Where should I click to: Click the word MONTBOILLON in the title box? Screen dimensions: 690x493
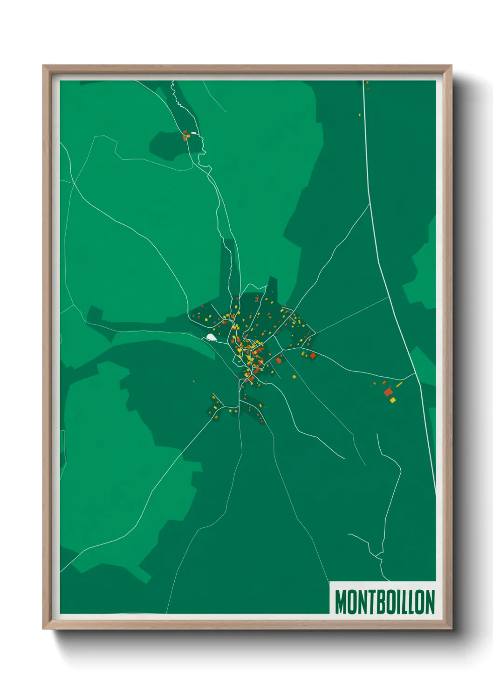[384, 602]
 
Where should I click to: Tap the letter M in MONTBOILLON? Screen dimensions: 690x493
[341, 602]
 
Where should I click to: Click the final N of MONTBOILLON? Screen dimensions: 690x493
[430, 602]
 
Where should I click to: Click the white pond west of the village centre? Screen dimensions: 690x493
[212, 337]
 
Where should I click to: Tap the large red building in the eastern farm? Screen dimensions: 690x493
[388, 392]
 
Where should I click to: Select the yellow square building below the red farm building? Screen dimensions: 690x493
[393, 400]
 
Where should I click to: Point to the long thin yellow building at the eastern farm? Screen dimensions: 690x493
[399, 385]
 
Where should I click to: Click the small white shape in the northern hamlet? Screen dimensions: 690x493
[194, 134]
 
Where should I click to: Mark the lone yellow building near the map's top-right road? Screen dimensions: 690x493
[360, 115]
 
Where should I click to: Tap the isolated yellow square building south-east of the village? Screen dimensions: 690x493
[294, 376]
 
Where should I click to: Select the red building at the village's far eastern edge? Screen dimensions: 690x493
[313, 355]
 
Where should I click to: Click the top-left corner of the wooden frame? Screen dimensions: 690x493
[43, 66]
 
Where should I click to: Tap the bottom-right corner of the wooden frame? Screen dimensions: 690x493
[452, 629]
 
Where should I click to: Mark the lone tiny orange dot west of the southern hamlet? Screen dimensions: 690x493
[193, 382]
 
